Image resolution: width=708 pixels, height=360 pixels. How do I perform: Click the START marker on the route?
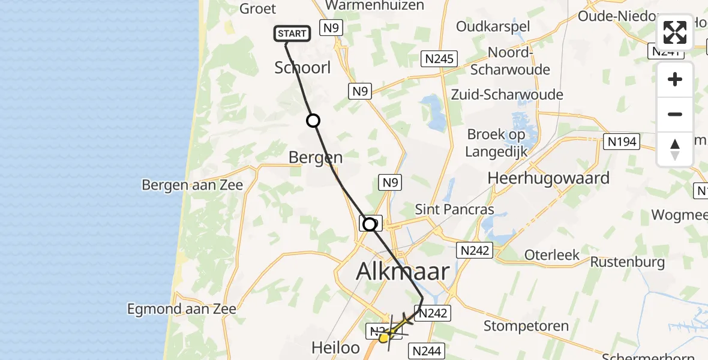[292, 34]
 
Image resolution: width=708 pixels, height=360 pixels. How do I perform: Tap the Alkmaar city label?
[403, 271]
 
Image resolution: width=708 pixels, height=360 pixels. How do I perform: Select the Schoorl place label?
[302, 68]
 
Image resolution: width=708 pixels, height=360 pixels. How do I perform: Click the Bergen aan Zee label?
[193, 184]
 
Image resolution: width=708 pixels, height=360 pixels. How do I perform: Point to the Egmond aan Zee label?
[182, 309]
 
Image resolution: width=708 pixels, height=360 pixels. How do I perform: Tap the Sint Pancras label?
[455, 209]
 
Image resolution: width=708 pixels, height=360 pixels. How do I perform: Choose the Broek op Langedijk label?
[496, 143]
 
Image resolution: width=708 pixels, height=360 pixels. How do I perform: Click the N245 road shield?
[440, 59]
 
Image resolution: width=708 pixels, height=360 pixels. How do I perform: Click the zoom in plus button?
[675, 79]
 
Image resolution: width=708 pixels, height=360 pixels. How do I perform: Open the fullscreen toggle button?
[675, 32]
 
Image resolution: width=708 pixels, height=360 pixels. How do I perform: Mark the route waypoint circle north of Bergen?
[313, 121]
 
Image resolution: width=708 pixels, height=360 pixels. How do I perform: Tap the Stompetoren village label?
[526, 327]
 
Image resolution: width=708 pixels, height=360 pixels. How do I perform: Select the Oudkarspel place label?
[493, 26]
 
